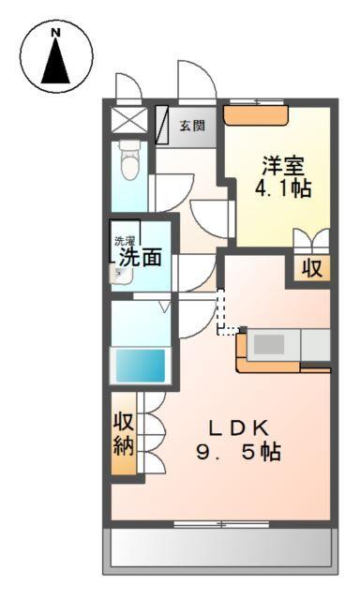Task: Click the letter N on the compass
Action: pyautogui.click(x=55, y=33)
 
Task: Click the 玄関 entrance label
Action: pyautogui.click(x=193, y=126)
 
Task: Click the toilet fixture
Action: pyautogui.click(x=130, y=161)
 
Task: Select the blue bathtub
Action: pyautogui.click(x=140, y=364)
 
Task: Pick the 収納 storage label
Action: pyautogui.click(x=123, y=432)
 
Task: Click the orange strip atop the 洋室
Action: pyautogui.click(x=257, y=116)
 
